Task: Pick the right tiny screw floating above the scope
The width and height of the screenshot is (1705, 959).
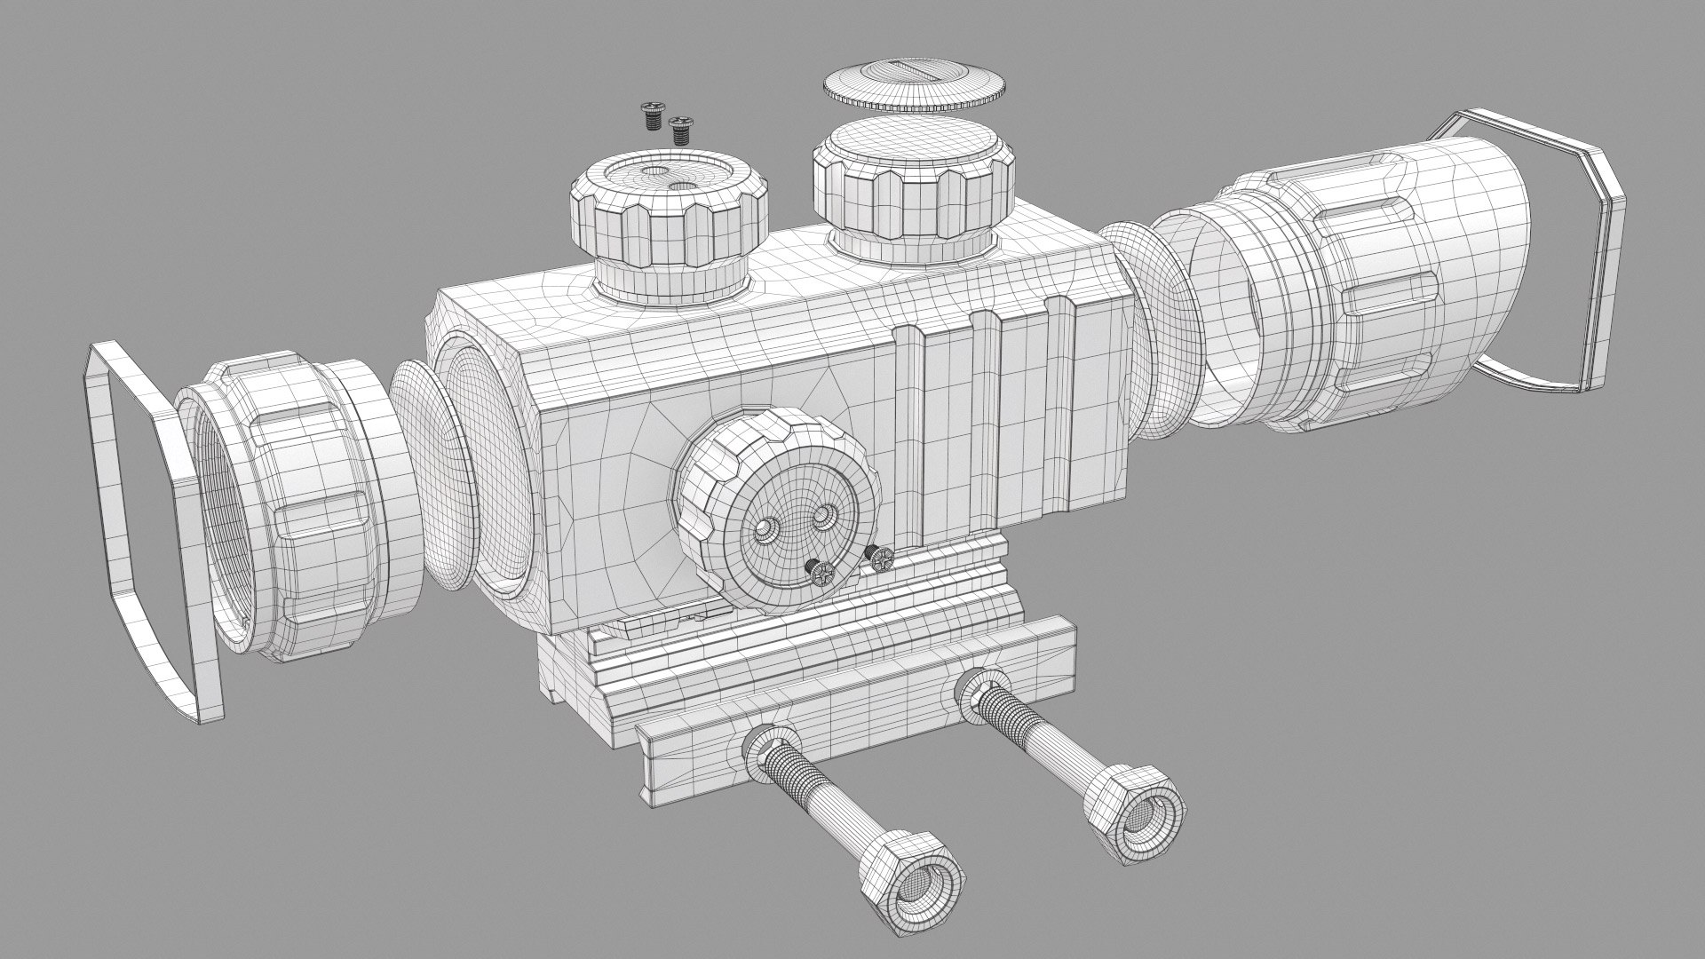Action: click(681, 130)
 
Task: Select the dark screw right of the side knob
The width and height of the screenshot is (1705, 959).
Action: click(880, 558)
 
